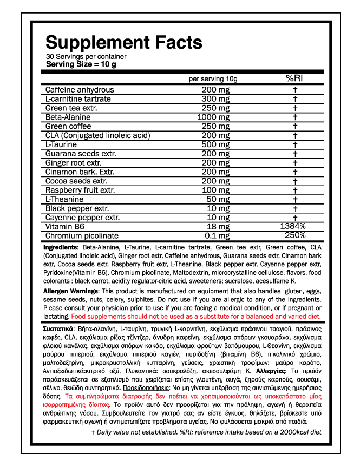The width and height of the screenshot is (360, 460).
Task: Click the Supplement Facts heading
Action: tap(123, 42)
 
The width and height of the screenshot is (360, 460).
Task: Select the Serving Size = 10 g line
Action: tap(81, 64)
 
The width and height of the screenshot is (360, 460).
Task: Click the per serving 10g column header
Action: tap(213, 79)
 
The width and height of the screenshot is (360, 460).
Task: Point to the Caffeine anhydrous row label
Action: tap(80, 90)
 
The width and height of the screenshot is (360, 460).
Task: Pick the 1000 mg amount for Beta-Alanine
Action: tap(213, 117)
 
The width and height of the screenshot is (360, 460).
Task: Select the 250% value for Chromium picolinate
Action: tap(295, 235)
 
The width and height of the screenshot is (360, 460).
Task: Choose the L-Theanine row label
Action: tap(64, 199)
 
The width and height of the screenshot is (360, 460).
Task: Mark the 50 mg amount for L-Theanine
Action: tap(220, 199)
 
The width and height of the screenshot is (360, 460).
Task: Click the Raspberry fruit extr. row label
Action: tap(80, 190)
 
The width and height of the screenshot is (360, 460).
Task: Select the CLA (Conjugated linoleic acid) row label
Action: tap(97, 135)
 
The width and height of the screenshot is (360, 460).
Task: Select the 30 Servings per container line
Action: tap(86, 56)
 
